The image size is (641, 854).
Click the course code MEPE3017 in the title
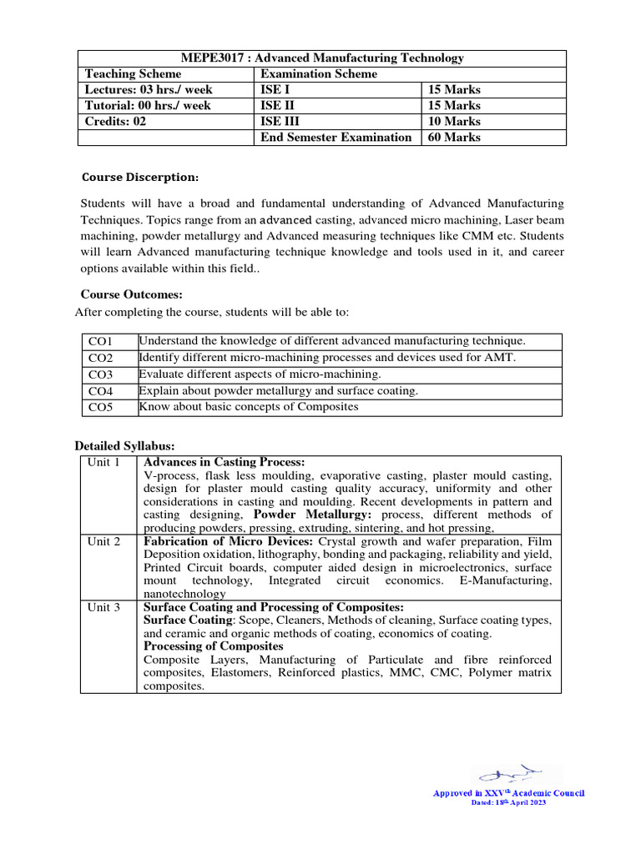pos(211,58)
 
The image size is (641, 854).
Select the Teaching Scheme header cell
pos(133,73)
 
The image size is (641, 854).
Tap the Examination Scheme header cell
pos(319,73)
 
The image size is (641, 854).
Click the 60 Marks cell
pos(454,137)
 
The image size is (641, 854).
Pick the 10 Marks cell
pos(454,121)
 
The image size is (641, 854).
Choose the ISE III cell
pos(282,121)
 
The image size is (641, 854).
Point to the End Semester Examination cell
pos(336,137)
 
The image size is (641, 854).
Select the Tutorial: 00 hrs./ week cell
pos(148,105)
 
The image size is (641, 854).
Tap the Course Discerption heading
pos(139,178)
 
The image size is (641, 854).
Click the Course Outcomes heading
pos(131,294)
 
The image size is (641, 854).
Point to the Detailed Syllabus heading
pos(124,446)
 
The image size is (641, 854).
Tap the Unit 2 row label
pos(104,541)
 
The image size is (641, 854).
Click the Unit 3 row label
pos(104,607)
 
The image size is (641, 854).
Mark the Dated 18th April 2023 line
pos(508,802)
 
